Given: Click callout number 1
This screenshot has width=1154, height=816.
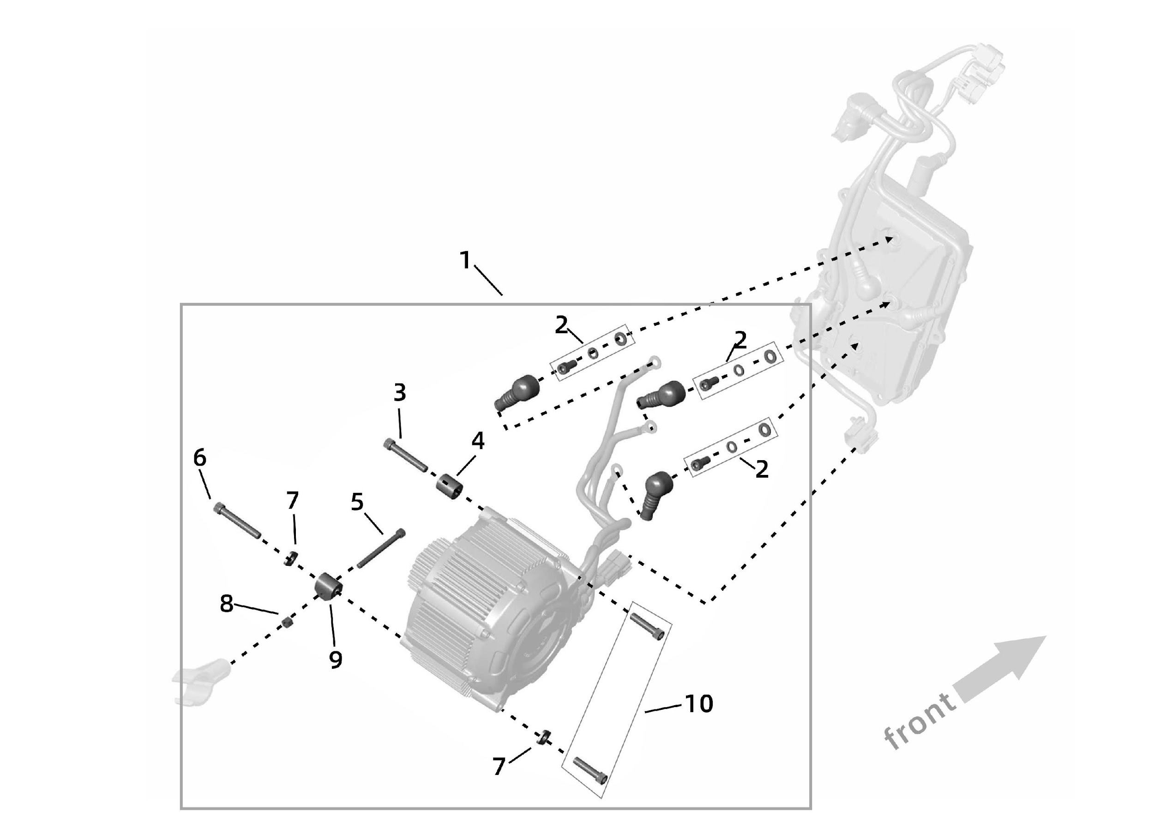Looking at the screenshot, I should point(465,260).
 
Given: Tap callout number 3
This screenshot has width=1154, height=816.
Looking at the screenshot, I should point(400,393).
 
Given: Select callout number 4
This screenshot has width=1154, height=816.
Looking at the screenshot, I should point(477,441).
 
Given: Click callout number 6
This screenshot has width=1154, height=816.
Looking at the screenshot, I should point(199,458).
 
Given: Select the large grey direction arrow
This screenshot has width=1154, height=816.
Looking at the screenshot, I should point(1000,668).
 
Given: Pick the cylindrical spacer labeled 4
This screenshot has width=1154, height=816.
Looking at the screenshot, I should point(449,486).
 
